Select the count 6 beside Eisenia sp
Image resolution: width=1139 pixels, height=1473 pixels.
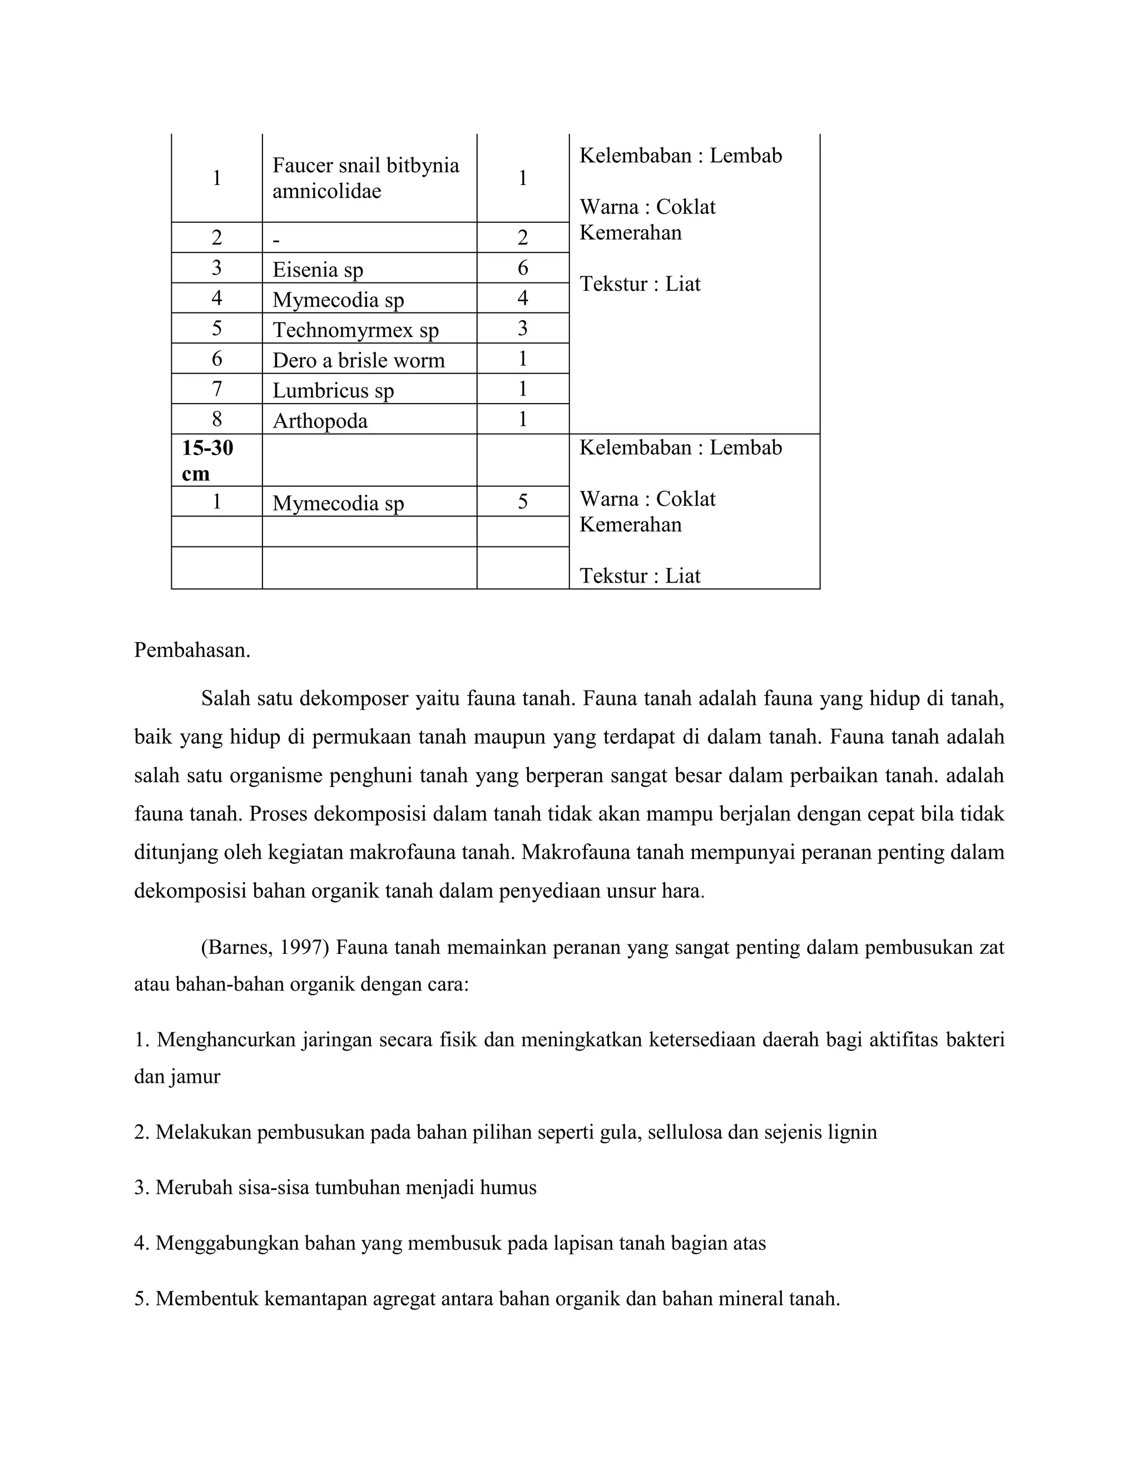coord(523,268)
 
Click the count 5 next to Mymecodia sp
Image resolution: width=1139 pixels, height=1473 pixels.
coord(523,502)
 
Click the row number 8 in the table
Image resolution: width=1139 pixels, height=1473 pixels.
coord(216,420)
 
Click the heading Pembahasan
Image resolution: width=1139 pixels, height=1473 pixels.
coord(192,650)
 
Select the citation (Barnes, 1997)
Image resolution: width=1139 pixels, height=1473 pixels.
coord(265,948)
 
